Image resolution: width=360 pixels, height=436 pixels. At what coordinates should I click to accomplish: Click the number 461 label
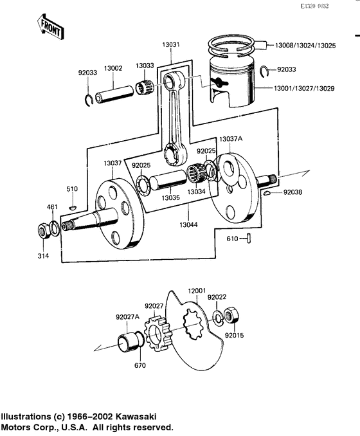(52, 207)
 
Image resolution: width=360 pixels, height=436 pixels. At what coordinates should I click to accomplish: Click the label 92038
(291, 192)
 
